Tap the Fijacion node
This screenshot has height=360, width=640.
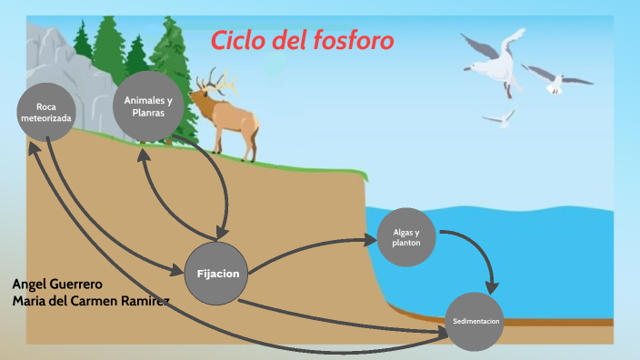[216, 273]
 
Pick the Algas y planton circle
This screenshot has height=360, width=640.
[405, 237]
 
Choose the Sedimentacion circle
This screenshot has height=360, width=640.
[476, 322]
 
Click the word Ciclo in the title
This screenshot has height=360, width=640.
[239, 41]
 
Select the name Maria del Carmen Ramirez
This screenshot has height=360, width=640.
[91, 300]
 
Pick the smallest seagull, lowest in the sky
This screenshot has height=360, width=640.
[498, 117]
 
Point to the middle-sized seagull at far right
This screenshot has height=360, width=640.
[555, 80]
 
